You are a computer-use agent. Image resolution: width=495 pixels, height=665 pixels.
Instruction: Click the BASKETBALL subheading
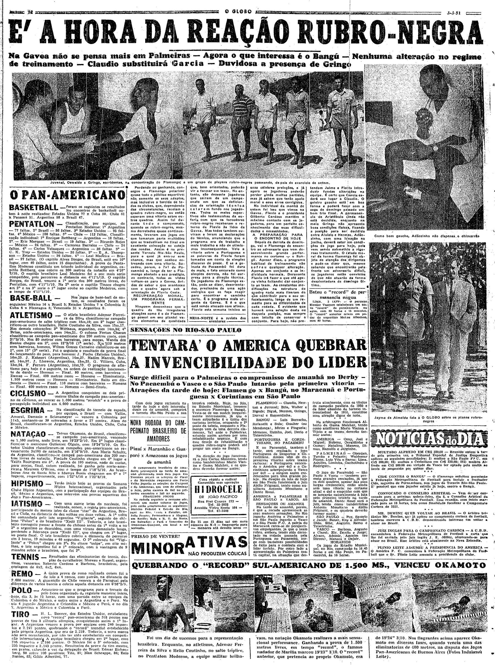(x=33, y=208)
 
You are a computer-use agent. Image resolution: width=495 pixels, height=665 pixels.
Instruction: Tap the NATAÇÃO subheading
(x=28, y=434)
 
